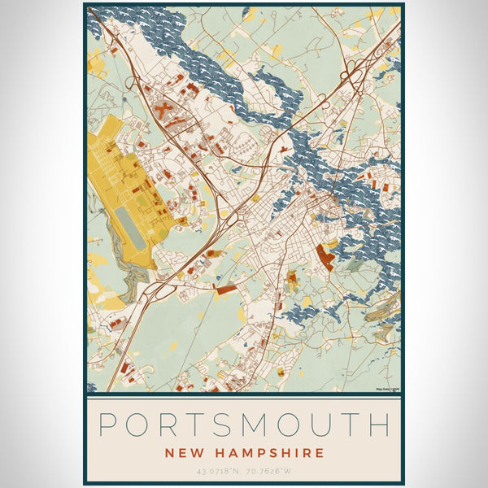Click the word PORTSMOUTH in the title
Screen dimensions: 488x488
tap(244, 425)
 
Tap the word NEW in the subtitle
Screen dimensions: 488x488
tap(185, 453)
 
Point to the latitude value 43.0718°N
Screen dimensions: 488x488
tap(215, 471)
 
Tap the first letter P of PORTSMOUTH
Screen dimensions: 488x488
tap(108, 425)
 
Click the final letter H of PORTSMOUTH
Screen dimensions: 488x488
tap(379, 425)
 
